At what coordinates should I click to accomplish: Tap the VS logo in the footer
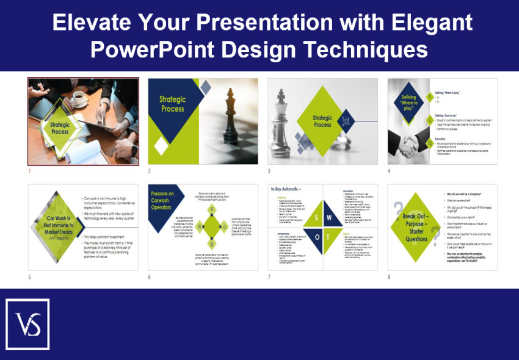tap(27, 324)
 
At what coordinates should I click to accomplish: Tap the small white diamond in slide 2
tap(161, 146)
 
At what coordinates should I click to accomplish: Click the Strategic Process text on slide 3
tap(322, 121)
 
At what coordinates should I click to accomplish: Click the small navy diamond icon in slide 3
tap(346, 121)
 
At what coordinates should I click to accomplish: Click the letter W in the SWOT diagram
tap(329, 217)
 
